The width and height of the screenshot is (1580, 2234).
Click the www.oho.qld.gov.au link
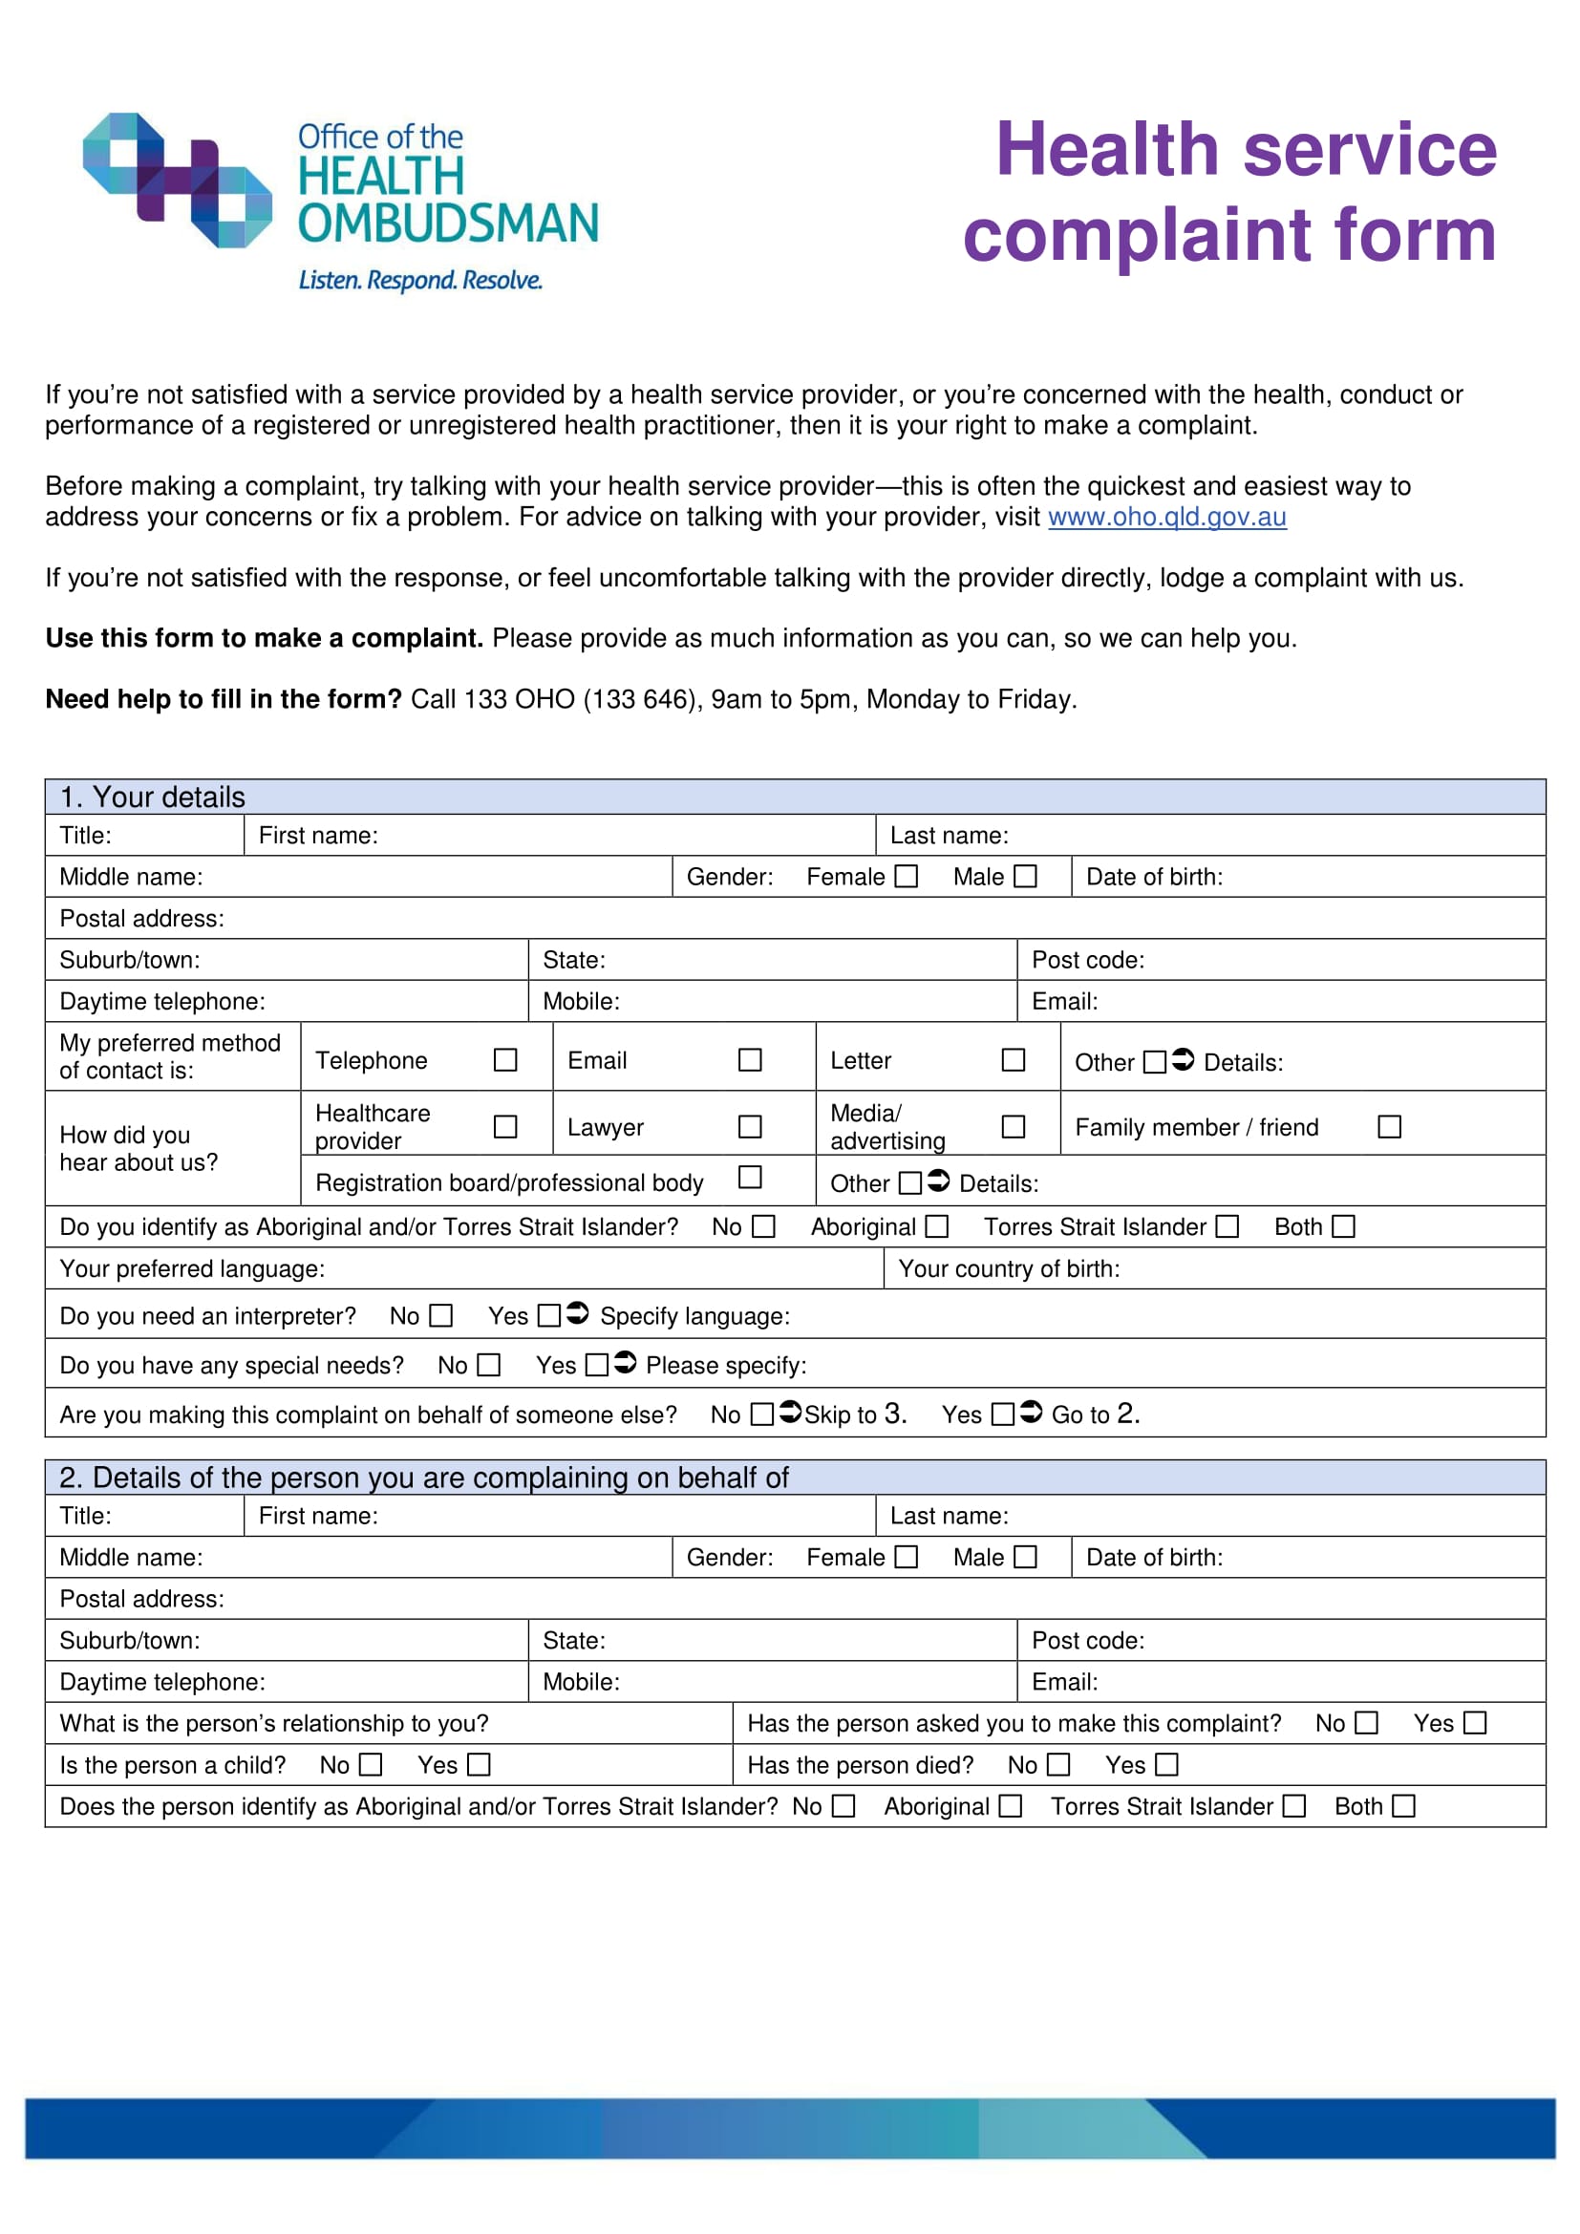(x=1166, y=517)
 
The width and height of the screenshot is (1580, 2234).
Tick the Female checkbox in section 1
(x=906, y=877)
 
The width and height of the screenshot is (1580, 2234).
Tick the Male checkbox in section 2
(x=1025, y=1557)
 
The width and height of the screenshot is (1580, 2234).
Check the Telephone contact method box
(x=505, y=1059)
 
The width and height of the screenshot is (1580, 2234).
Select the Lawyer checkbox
(x=749, y=1127)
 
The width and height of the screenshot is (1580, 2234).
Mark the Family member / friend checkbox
(x=1389, y=1127)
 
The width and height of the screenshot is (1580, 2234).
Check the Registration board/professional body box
(x=749, y=1178)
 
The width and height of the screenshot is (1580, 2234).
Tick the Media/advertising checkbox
(x=1013, y=1127)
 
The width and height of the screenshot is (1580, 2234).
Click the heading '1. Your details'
(x=153, y=797)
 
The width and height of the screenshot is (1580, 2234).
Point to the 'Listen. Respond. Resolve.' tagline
(x=419, y=280)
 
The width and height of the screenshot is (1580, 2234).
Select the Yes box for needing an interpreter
(x=548, y=1315)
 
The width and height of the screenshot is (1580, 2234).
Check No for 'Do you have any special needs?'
(x=488, y=1365)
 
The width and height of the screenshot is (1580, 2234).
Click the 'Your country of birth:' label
(x=1009, y=1268)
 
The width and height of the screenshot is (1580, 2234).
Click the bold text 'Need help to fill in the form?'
(x=223, y=699)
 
